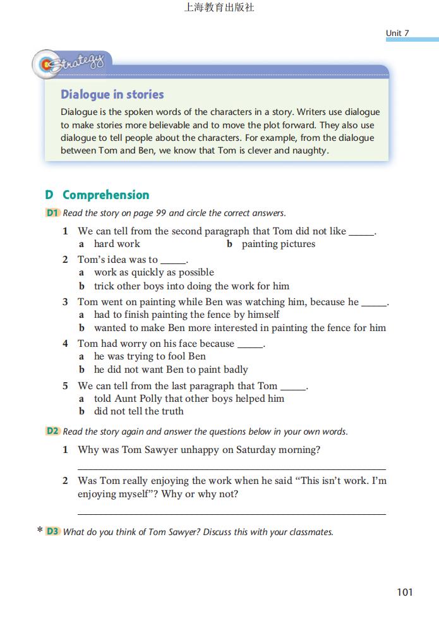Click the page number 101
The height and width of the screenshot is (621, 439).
[x=405, y=592]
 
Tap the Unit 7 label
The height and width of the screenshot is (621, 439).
[x=398, y=33]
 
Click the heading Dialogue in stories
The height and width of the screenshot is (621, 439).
[x=112, y=95]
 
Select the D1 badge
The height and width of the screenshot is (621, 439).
[x=52, y=213]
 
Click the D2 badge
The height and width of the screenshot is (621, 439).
[x=52, y=431]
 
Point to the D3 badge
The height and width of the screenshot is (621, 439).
[x=52, y=532]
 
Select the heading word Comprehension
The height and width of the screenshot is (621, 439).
[x=105, y=195]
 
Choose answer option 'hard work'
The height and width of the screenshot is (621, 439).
[x=117, y=244]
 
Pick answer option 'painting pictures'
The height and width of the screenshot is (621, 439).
[x=278, y=244]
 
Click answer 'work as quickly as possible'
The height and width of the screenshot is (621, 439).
[x=153, y=272]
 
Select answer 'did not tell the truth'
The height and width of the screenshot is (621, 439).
[x=138, y=411]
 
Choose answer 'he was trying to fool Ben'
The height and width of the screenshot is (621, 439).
[x=150, y=356]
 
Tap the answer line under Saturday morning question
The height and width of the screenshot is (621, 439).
[x=231, y=469]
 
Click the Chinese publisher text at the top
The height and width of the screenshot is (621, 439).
[x=219, y=8]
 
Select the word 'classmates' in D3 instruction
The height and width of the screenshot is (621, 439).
[x=310, y=532]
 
